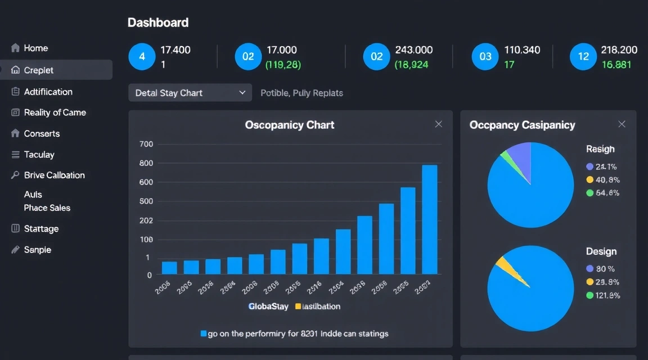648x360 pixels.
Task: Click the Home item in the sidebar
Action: pyautogui.click(x=35, y=48)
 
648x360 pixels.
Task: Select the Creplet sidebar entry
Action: pyautogui.click(x=38, y=70)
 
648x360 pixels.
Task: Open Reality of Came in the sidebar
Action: pyautogui.click(x=55, y=112)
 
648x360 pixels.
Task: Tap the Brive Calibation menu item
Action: pyautogui.click(x=54, y=175)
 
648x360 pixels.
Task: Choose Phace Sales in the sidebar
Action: pyautogui.click(x=47, y=208)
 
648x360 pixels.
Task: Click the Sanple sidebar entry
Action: pyautogui.click(x=37, y=250)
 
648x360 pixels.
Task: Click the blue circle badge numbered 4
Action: pyautogui.click(x=142, y=56)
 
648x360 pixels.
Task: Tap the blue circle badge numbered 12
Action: pyautogui.click(x=583, y=56)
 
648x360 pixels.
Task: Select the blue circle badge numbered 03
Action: pyautogui.click(x=485, y=56)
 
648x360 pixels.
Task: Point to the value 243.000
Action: pyautogui.click(x=414, y=50)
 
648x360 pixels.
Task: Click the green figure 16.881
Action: pyautogui.click(x=616, y=65)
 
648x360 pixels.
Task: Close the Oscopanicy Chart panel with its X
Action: pyautogui.click(x=439, y=124)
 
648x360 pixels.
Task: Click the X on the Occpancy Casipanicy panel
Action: pyautogui.click(x=622, y=124)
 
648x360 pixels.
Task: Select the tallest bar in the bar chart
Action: pyautogui.click(x=430, y=219)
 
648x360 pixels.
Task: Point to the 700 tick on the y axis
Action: pyautogui.click(x=146, y=144)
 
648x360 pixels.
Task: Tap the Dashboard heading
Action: pyautogui.click(x=158, y=23)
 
